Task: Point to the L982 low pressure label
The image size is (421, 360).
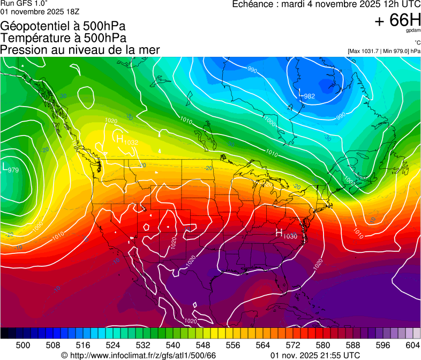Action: [306, 95]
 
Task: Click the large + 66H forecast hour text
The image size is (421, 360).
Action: [398, 20]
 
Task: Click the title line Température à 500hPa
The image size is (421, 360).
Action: [63, 38]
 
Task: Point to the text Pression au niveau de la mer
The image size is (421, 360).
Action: [80, 50]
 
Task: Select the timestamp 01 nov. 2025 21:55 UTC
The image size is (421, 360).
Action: [315, 355]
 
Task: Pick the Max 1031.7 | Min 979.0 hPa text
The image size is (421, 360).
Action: [384, 51]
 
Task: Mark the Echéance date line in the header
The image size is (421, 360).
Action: [326, 4]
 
